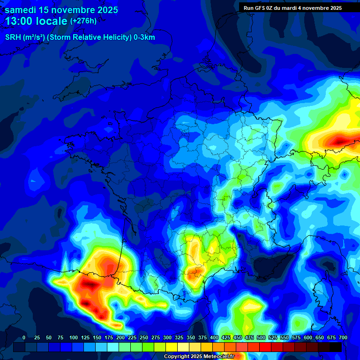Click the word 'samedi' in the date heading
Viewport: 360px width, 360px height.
click(x=22, y=10)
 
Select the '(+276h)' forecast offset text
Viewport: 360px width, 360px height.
click(x=83, y=21)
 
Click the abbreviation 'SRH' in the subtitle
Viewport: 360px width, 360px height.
click(x=13, y=37)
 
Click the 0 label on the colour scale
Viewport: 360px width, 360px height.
click(x=24, y=338)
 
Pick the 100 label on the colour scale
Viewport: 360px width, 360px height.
click(x=73, y=338)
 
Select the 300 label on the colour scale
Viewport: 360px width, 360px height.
click(x=167, y=338)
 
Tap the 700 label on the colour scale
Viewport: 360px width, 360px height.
click(x=343, y=338)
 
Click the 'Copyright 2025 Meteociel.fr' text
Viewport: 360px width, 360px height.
click(x=199, y=356)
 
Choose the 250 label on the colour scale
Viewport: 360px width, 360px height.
click(x=144, y=338)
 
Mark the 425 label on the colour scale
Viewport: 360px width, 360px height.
click(x=226, y=338)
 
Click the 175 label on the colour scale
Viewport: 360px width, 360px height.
click(x=109, y=338)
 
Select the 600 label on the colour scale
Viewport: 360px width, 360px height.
click(x=308, y=338)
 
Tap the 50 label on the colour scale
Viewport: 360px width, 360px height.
click(x=49, y=338)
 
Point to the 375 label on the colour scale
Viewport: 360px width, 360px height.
click(x=202, y=338)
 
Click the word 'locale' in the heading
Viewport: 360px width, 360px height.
click(x=54, y=22)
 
